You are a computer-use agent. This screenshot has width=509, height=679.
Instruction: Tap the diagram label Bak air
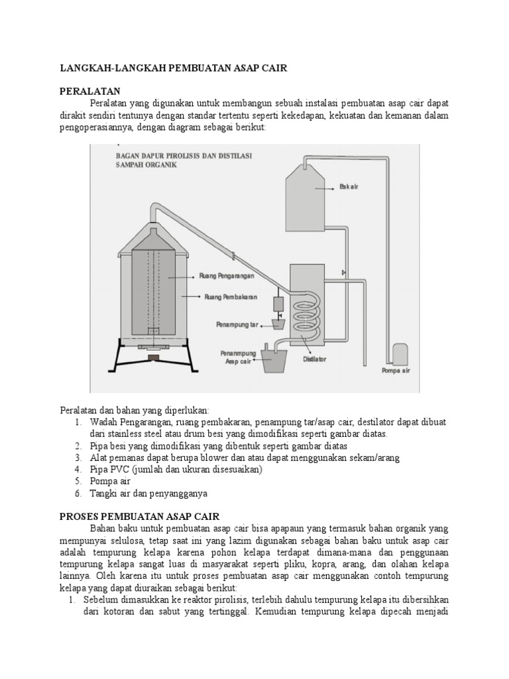pos(349,187)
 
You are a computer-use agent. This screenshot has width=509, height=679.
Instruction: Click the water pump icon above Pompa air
pos(400,353)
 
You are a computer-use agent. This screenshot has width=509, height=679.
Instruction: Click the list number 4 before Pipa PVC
pos(77,469)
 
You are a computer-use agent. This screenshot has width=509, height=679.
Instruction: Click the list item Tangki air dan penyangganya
pos(150,493)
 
